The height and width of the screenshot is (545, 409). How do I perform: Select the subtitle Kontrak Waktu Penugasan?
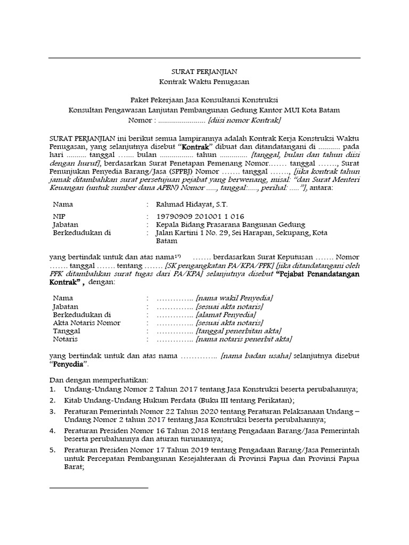coord(204,81)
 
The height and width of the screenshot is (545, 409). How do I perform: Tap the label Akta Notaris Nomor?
coord(86,323)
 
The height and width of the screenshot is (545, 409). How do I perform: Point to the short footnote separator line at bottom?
coord(99,487)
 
